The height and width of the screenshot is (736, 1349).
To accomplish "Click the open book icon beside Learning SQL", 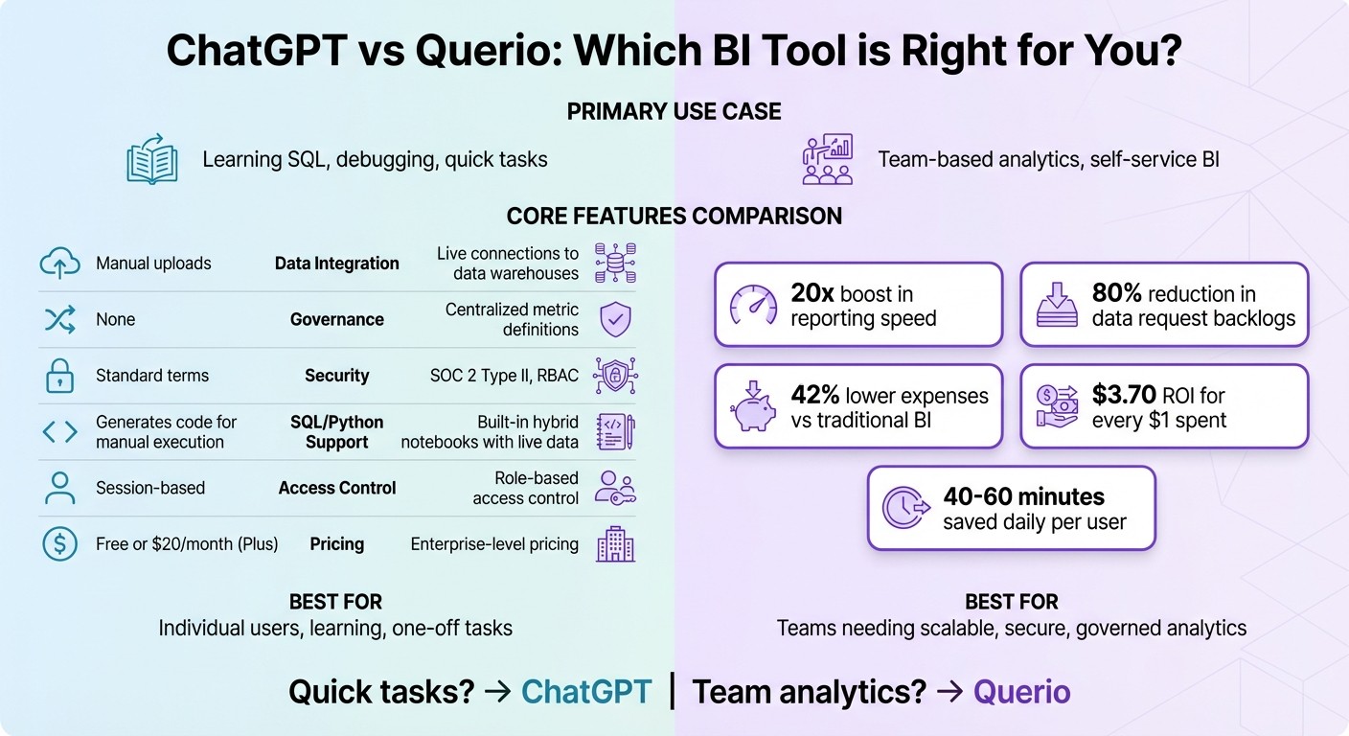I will pyautogui.click(x=153, y=159).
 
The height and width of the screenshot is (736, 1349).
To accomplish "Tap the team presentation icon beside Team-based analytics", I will pyautogui.click(x=827, y=159).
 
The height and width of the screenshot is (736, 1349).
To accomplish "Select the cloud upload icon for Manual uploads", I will pyautogui.click(x=59, y=264).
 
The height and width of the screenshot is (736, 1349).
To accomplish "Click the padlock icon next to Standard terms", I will pyautogui.click(x=59, y=376).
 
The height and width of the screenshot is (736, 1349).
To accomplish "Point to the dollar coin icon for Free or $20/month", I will pyautogui.click(x=59, y=544).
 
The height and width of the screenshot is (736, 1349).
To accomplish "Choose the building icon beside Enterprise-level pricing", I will pyautogui.click(x=614, y=544).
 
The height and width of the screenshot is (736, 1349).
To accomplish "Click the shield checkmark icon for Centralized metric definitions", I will pyautogui.click(x=614, y=319).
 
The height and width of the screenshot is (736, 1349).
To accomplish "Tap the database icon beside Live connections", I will pyautogui.click(x=614, y=263).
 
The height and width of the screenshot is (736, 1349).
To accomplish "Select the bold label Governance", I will pyautogui.click(x=337, y=319).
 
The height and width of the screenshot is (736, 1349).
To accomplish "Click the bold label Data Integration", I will pyautogui.click(x=337, y=264).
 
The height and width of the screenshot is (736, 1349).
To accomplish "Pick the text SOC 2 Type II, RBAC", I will pyautogui.click(x=504, y=376).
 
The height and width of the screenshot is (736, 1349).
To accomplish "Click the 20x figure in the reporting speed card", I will pyautogui.click(x=810, y=293).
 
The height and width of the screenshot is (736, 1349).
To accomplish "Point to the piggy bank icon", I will pyautogui.click(x=752, y=406).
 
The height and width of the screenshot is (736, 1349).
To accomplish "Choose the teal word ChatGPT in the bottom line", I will pyautogui.click(x=586, y=692).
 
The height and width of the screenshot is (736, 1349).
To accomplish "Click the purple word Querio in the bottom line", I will pyautogui.click(x=1021, y=692).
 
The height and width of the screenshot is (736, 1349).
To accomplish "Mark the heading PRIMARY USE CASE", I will pyautogui.click(x=674, y=112).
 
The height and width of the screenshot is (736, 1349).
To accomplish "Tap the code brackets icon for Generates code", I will pyautogui.click(x=59, y=432).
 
